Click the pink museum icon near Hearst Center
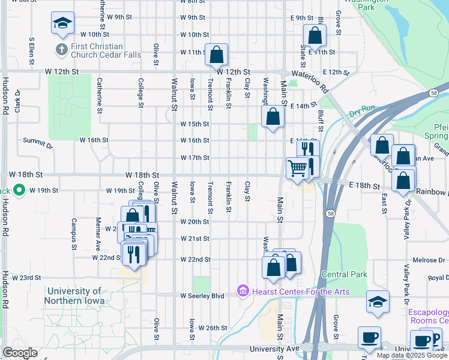tap(243, 292)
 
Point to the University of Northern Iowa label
tap(74, 296)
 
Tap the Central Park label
tap(344, 274)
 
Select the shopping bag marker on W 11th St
tap(216, 55)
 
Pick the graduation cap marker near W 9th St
tap(62, 23)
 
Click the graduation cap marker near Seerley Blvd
tap(378, 302)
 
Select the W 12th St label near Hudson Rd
tap(62, 71)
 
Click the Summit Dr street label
tap(38, 143)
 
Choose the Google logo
tap(20, 353)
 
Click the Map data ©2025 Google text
tap(412, 355)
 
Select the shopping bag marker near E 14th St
tap(273, 118)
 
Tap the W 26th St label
tap(213, 328)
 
